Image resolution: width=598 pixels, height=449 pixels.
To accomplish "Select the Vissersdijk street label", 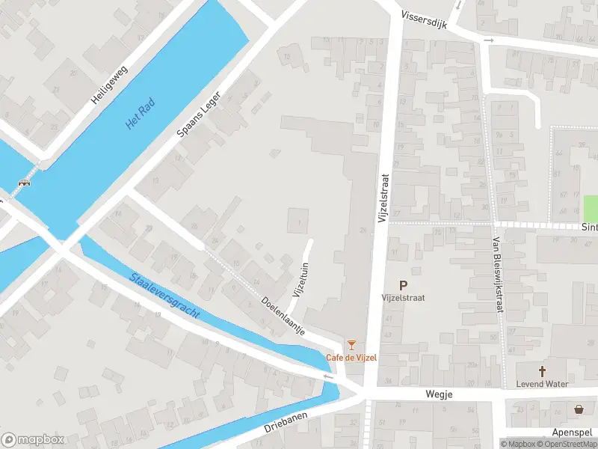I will pyautogui.click(x=423, y=19).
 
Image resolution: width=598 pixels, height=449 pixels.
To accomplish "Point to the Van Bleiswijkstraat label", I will pyautogui.click(x=496, y=274).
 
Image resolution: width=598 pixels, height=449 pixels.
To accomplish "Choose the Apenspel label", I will pyautogui.click(x=572, y=433).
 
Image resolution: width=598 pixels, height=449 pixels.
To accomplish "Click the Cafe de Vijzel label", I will pyautogui.click(x=351, y=357).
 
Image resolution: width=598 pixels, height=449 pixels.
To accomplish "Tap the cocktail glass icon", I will pyautogui.click(x=351, y=345).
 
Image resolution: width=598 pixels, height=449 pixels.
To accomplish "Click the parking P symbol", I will pyautogui.click(x=404, y=285).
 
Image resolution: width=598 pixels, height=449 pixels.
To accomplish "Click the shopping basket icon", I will pyautogui.click(x=579, y=409).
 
